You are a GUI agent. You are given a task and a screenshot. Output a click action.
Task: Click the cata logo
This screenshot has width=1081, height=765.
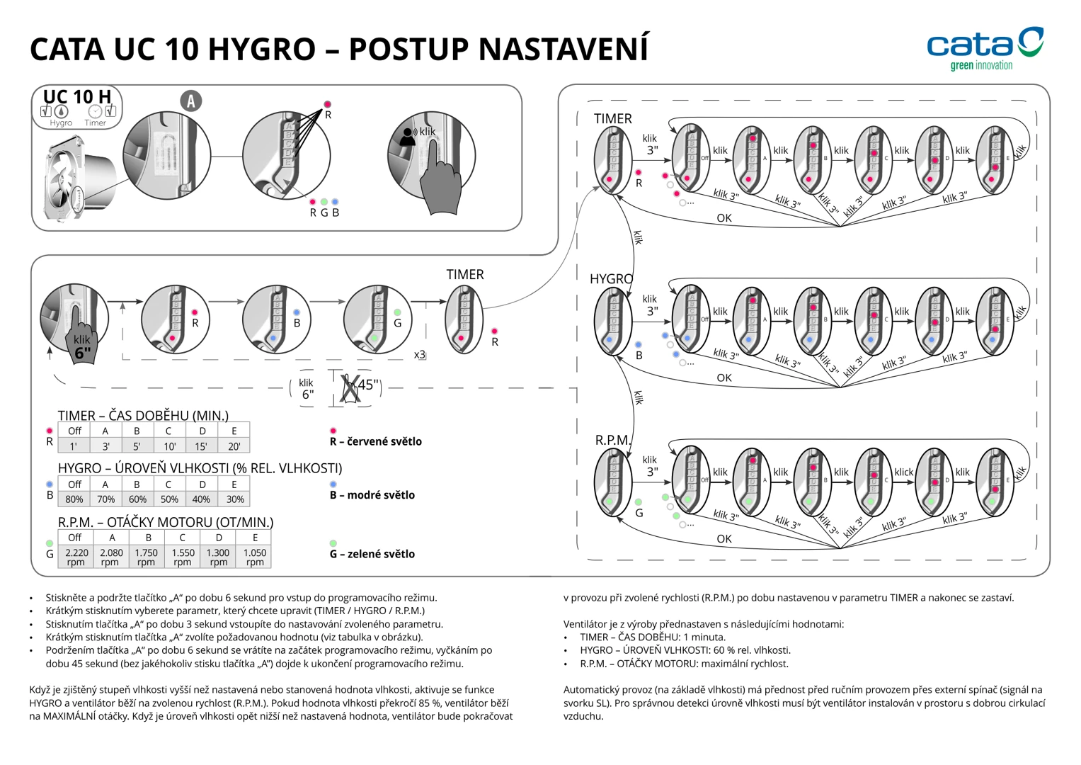point(984,47)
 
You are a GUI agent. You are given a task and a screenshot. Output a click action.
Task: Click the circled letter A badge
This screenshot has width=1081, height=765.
point(190,101)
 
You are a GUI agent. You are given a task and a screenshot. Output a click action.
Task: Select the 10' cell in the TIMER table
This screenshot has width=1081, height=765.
point(169,446)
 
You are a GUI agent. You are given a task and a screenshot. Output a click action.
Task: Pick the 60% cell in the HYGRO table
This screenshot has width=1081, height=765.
point(137,499)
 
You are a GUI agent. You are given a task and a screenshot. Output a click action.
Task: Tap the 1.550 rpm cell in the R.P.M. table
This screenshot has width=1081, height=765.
point(183,557)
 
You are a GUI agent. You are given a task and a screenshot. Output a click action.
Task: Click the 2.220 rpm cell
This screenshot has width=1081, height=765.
point(76,557)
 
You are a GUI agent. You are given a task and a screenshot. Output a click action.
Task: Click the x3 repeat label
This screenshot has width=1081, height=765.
point(419,355)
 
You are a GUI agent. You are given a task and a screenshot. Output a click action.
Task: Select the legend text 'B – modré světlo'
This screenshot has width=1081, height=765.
point(372,495)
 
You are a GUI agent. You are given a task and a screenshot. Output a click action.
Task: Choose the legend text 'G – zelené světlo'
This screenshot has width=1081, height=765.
point(372,554)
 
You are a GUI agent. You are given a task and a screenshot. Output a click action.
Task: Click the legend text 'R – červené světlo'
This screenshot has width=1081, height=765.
point(375,441)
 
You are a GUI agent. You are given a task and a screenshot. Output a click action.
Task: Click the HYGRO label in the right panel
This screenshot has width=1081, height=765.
point(611,279)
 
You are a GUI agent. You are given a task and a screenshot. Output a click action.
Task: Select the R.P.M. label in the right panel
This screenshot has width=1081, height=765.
point(612,440)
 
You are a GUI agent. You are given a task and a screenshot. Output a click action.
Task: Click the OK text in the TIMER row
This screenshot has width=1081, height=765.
point(723,218)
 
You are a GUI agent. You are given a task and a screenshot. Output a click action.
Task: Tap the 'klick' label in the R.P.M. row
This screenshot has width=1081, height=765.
point(903,472)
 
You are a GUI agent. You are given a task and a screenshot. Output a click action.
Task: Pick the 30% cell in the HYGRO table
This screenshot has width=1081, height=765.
point(235,499)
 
